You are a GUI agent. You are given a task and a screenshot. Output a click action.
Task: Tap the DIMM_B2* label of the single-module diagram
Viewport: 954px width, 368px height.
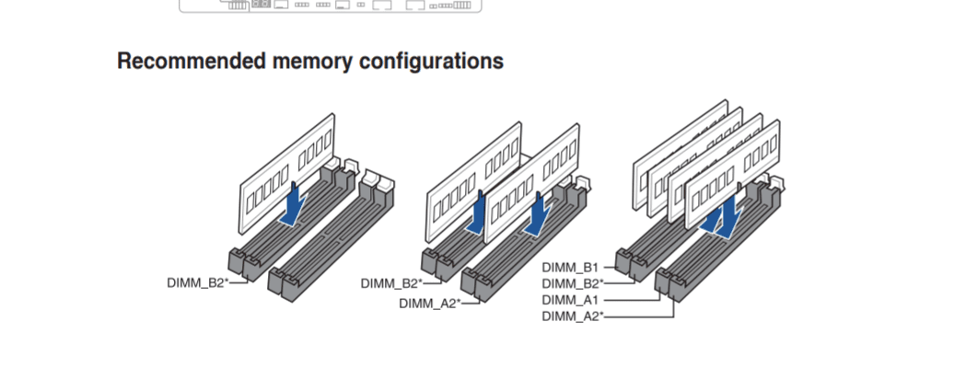198,282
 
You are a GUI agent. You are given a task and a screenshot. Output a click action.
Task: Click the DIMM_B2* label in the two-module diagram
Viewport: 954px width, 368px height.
391,283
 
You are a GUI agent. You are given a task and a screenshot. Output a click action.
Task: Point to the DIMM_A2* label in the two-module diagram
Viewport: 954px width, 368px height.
429,303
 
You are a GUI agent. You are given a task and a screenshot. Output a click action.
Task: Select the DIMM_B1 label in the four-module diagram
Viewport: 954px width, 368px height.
571,267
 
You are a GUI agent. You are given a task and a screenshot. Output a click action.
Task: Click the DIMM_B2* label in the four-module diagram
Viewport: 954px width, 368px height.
573,283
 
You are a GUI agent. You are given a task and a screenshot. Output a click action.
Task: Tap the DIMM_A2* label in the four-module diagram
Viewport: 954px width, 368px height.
573,316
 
